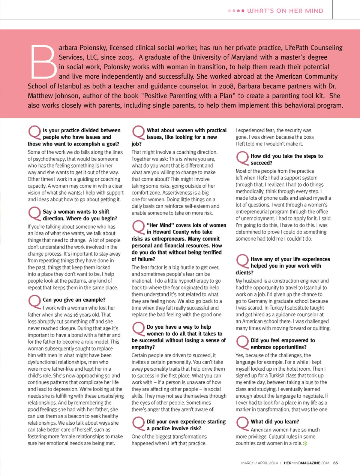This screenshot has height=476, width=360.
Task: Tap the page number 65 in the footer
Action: [x=335, y=463]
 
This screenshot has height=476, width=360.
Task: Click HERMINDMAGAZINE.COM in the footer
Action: [x=306, y=463]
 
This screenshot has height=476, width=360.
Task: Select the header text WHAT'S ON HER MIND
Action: [x=285, y=11]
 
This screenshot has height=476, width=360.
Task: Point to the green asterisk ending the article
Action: [x=305, y=444]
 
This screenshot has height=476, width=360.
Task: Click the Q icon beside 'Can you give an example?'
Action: [x=34, y=301]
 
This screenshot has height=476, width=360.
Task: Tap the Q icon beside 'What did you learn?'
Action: [x=243, y=423]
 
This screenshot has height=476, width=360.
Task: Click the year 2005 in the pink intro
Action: [x=125, y=57]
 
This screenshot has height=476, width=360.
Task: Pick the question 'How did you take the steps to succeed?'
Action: [x=287, y=159]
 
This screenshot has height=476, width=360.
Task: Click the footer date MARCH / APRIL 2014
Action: [x=259, y=463]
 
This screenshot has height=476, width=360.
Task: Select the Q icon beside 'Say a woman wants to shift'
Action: [x=34, y=213]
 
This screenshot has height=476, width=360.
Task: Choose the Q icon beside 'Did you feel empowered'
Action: [x=243, y=342]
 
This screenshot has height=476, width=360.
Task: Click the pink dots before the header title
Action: [x=236, y=11]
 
